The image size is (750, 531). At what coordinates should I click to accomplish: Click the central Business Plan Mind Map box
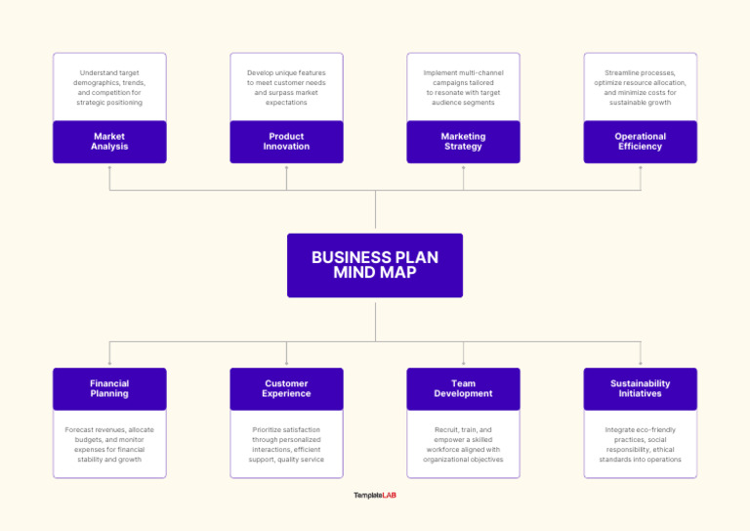(x=375, y=265)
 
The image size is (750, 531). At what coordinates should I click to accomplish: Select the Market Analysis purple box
(x=109, y=142)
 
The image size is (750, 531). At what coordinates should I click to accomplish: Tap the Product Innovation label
(x=286, y=142)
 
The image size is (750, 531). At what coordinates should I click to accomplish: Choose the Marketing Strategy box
(x=463, y=142)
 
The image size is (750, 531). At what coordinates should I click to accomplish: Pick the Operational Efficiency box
(x=641, y=142)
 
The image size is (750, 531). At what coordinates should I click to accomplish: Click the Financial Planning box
(x=109, y=389)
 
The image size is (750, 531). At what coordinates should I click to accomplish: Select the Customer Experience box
(x=286, y=389)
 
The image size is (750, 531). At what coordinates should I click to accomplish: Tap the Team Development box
(x=463, y=389)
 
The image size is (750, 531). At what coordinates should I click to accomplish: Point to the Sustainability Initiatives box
(x=641, y=389)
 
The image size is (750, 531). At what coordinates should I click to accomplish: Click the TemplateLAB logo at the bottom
(x=375, y=495)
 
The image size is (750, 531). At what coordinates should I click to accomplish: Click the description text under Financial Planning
(x=109, y=444)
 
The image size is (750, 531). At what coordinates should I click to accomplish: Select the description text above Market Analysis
(x=109, y=87)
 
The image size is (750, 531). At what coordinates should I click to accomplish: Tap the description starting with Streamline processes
(x=641, y=87)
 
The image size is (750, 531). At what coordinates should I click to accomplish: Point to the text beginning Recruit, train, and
(x=463, y=444)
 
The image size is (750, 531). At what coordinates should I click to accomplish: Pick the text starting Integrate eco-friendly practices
(x=641, y=444)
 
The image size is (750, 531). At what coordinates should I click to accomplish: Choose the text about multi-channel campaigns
(x=463, y=87)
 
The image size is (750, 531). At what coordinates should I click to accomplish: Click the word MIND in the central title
(x=354, y=273)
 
